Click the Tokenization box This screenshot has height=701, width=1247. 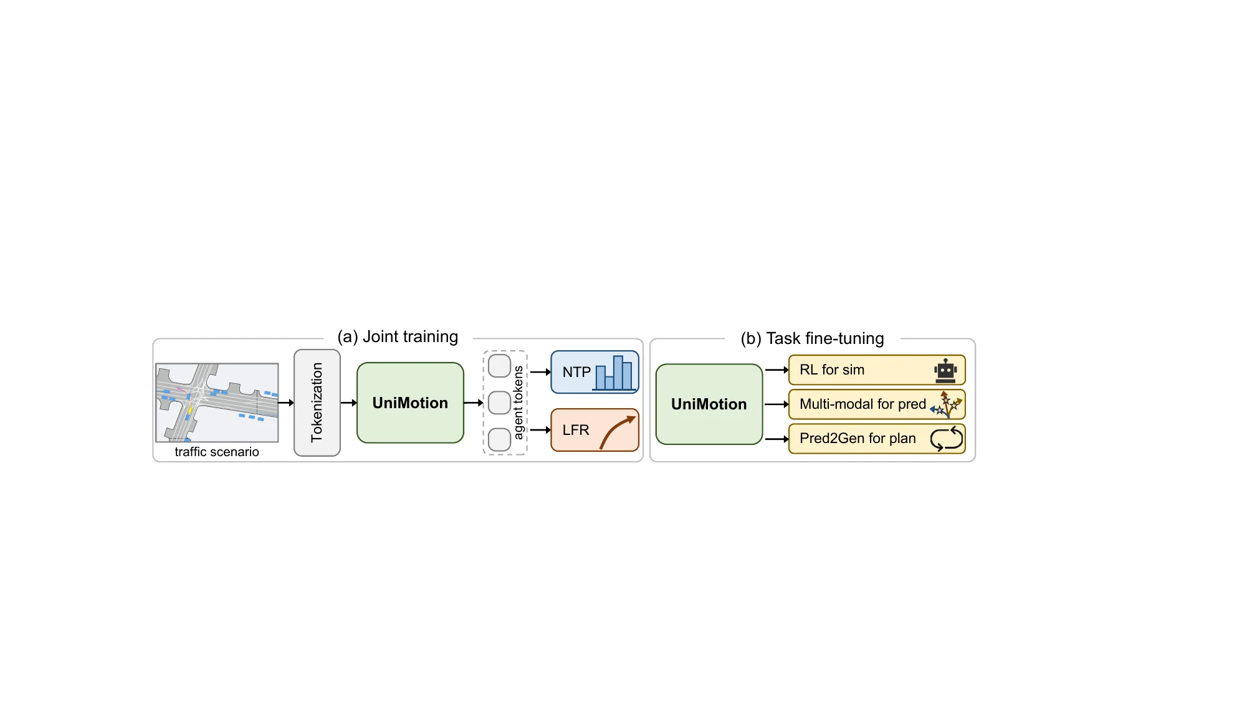317,403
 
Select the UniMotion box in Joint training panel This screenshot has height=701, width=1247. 410,403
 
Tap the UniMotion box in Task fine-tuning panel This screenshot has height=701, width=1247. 709,404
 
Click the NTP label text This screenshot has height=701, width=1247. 576,373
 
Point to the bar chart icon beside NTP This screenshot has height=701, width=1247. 614,374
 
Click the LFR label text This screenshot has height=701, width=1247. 575,430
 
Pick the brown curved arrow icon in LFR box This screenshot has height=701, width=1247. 616,431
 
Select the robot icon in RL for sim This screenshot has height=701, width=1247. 945,371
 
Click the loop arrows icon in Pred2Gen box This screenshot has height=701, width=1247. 946,439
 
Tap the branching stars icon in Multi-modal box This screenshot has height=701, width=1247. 947,405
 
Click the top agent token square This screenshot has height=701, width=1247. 499,366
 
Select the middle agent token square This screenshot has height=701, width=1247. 499,403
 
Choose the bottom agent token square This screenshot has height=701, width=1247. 499,439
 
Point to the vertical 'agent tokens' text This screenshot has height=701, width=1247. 518,403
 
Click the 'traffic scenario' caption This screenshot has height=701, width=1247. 216,452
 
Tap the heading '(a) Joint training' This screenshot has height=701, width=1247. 398,336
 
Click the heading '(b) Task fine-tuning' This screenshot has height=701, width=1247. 812,338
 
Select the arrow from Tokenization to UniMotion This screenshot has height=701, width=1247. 348,403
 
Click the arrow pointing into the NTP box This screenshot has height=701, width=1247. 540,372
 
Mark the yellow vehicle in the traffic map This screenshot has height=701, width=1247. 190,411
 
